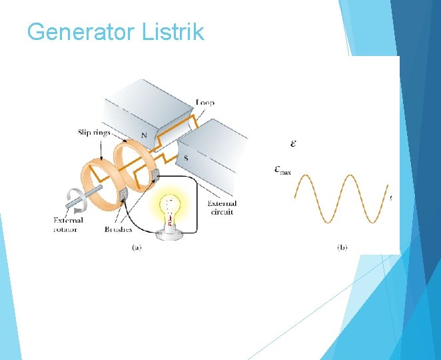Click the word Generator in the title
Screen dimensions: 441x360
coord(81,32)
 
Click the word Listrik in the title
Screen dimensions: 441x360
coord(173,32)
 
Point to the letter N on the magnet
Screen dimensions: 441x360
coord(144,135)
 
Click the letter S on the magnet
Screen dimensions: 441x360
coord(186,158)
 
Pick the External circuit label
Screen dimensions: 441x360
coord(222,208)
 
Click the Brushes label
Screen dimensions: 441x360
coord(118,229)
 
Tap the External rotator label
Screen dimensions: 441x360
coord(69,225)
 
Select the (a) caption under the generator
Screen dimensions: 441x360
coord(135,247)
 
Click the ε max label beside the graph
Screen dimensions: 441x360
coord(282,171)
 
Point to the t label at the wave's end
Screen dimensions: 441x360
coord(390,198)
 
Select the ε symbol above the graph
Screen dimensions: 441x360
coord(294,143)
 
